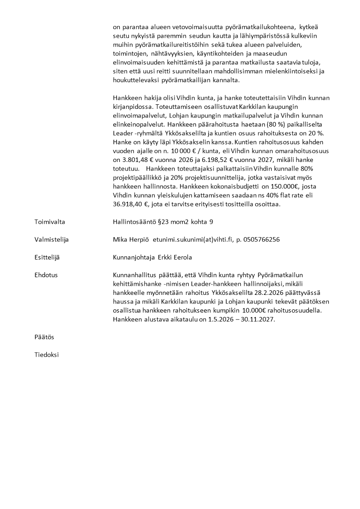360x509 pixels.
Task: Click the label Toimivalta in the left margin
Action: pos(50,222)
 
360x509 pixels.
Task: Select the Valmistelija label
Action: pos(52,240)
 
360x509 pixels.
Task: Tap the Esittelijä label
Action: pos(47,257)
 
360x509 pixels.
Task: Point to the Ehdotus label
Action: pos(46,275)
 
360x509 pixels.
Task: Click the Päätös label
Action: pos(44,337)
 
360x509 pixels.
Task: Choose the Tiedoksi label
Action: pos(47,355)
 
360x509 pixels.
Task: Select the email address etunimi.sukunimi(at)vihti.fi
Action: pos(192,240)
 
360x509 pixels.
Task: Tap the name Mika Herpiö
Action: pos(131,240)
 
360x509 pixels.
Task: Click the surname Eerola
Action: pos(181,257)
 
